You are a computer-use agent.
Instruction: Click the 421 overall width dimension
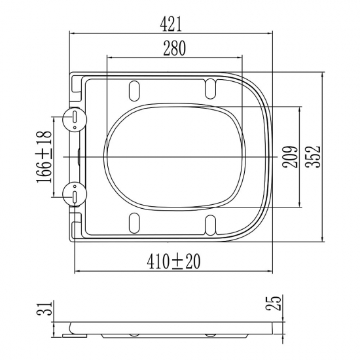(171, 24)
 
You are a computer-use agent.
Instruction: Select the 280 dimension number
(174, 48)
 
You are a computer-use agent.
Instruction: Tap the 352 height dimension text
(314, 156)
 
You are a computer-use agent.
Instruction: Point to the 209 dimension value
(291, 157)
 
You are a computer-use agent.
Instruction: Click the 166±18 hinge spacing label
(44, 157)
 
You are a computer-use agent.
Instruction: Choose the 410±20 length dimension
(173, 262)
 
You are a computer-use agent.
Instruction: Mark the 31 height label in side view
(44, 308)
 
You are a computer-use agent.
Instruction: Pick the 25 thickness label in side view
(273, 303)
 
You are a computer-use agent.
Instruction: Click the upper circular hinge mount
(75, 119)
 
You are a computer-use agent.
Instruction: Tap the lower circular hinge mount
(75, 194)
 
